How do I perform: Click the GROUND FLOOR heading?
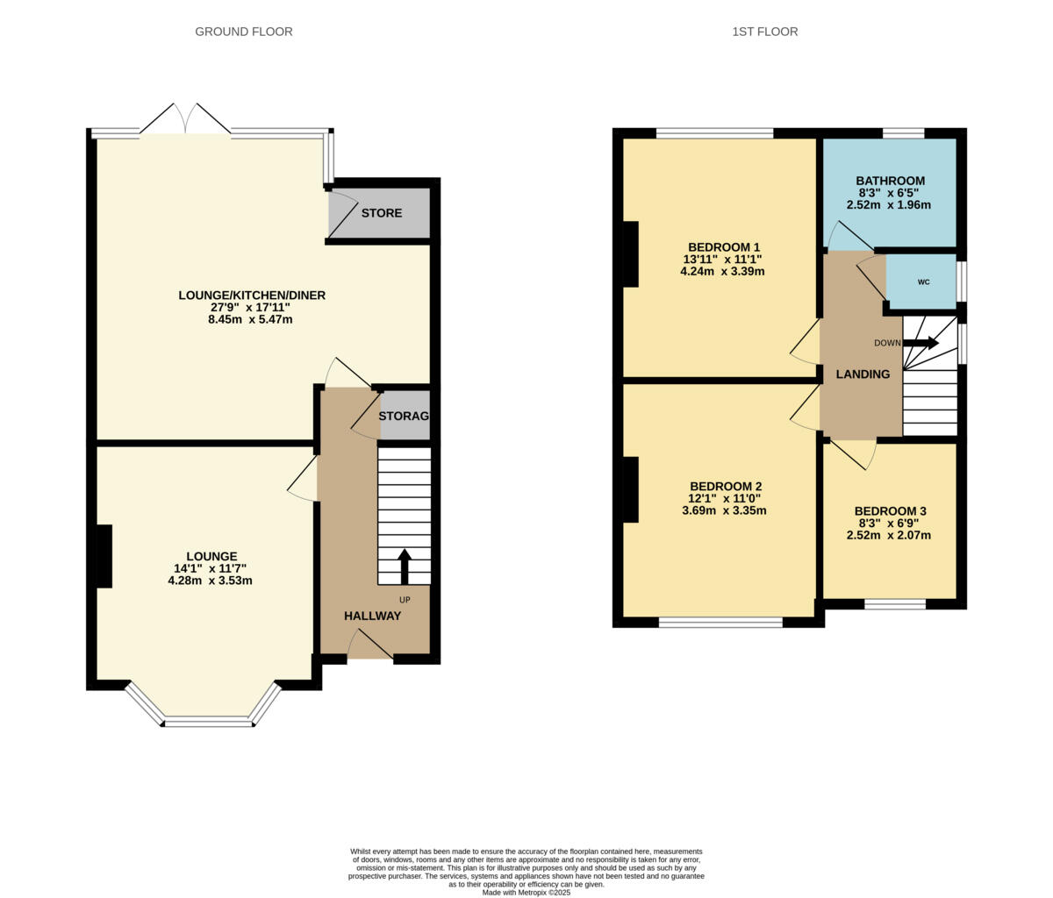coord(243,32)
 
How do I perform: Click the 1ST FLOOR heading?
coord(764,32)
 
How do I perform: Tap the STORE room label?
coord(382,213)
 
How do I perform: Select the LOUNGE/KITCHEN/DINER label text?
coord(252,296)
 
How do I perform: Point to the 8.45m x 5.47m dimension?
coord(250,319)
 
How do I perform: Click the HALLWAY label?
coord(372,616)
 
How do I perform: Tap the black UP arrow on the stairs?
coord(405,566)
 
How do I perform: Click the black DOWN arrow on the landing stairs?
coord(920,343)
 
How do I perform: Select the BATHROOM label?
coord(890,181)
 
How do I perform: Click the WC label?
coord(923,282)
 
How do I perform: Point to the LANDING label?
coord(863,374)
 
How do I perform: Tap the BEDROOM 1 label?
coord(723,246)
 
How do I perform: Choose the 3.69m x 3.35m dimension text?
coord(724,510)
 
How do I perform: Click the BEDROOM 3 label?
coord(890,511)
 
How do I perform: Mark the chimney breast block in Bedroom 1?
coord(630,254)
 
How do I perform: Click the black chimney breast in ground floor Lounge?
coord(104,556)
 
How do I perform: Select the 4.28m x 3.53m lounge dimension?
coord(210,581)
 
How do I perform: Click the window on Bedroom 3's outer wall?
coord(894,603)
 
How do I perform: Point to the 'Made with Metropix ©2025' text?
coord(526,892)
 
